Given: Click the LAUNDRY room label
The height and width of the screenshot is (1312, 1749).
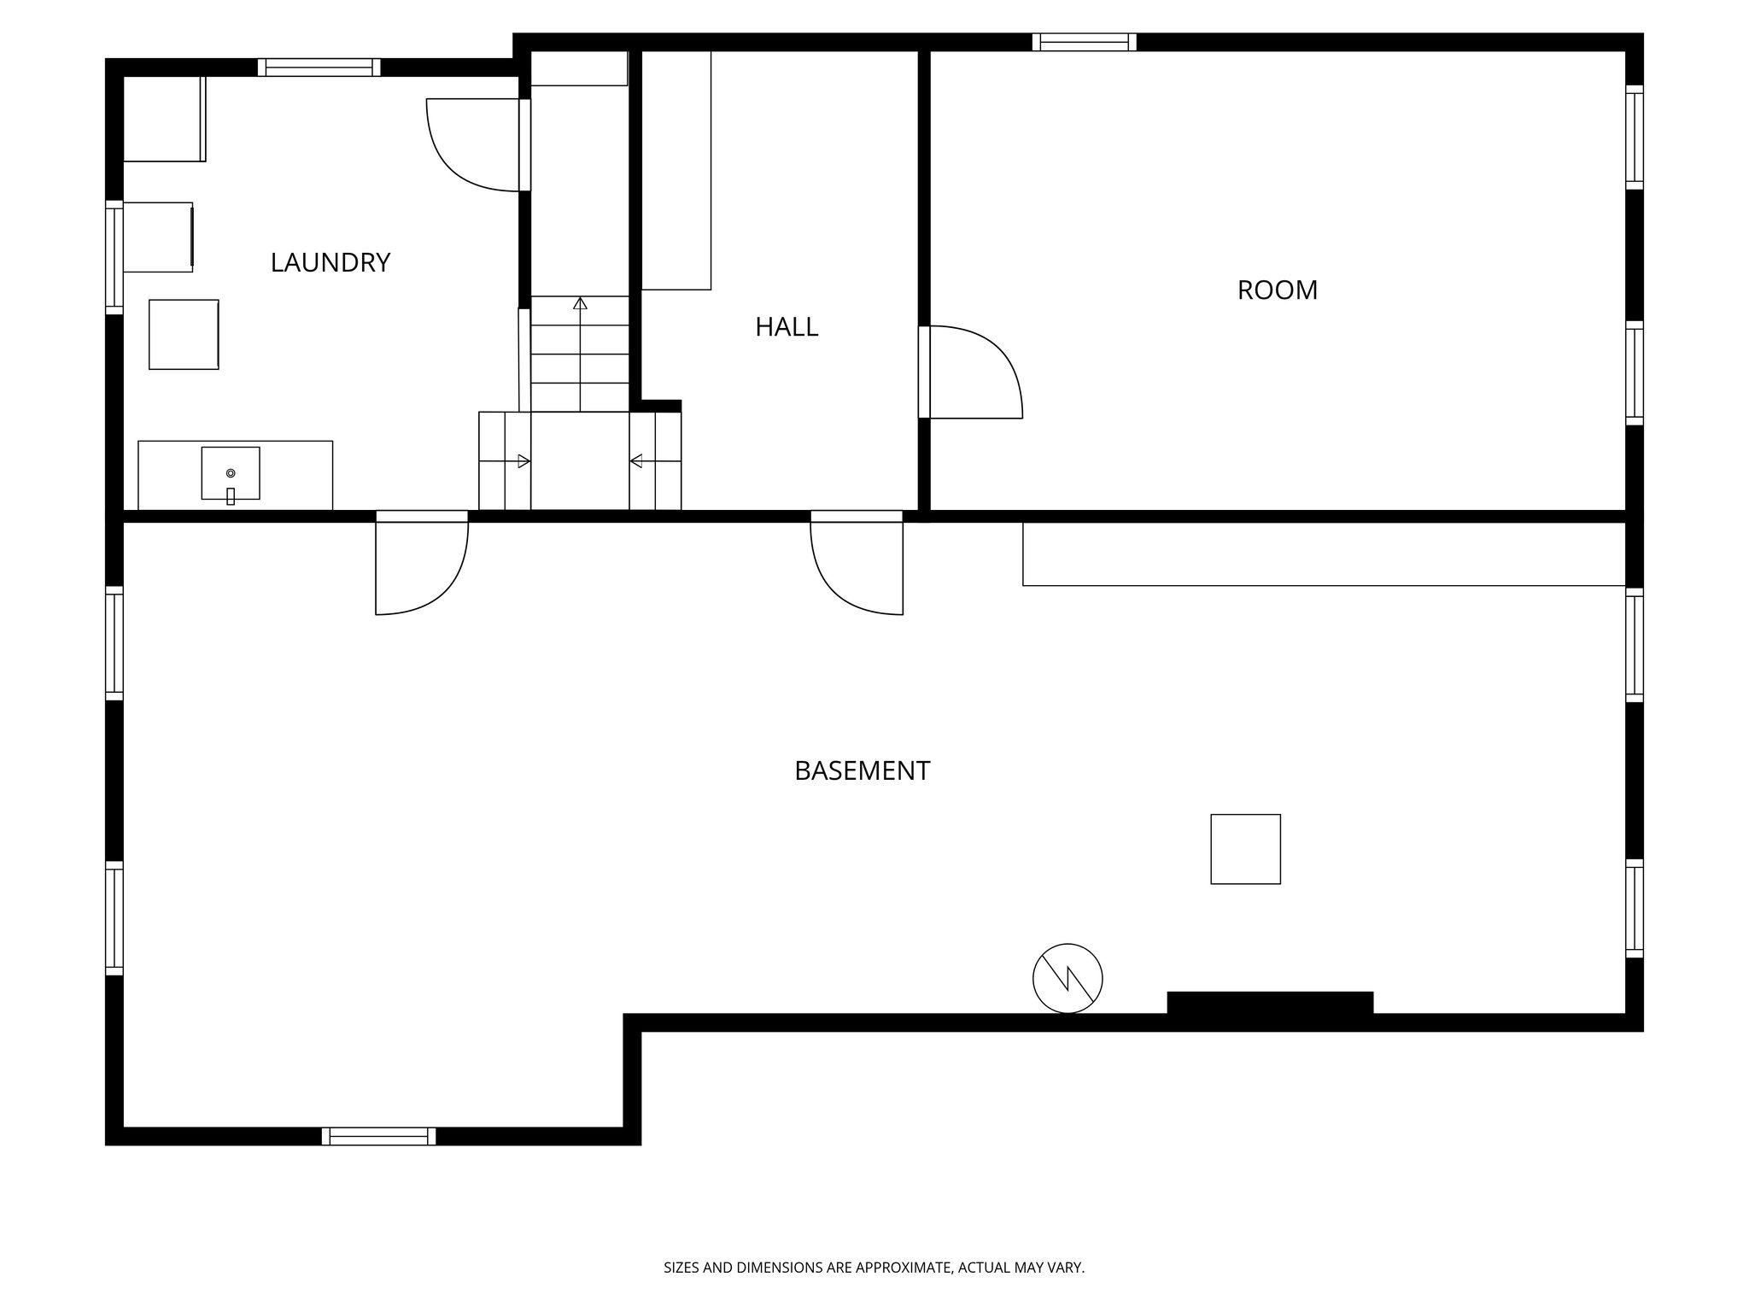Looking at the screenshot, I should [330, 262].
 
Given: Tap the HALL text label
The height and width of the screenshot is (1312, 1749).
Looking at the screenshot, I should [787, 327].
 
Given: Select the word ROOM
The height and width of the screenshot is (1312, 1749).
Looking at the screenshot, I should [1277, 290].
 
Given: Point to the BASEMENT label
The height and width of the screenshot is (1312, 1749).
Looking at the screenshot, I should [862, 771].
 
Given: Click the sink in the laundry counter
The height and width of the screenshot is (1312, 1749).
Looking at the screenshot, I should [231, 473].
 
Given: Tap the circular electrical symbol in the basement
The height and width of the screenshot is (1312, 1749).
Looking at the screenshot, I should [1068, 979].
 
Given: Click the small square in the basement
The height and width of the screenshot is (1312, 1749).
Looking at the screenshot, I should [1245, 849].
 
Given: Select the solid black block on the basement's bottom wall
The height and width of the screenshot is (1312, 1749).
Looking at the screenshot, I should [1270, 1003].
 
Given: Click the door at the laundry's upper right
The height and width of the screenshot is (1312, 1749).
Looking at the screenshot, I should [475, 144].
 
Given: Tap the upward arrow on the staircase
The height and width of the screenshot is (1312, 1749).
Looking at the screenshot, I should [581, 304].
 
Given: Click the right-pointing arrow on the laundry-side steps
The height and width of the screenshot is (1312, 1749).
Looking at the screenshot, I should [523, 461].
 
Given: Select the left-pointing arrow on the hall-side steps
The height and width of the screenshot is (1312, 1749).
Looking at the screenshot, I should [637, 461].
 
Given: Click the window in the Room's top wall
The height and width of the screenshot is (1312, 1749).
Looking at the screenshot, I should [1084, 42].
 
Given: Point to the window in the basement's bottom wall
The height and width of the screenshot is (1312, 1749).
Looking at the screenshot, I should [379, 1136].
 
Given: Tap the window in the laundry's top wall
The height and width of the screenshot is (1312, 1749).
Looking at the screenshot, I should [319, 67].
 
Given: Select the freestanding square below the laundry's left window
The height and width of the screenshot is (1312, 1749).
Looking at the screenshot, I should [184, 335].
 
